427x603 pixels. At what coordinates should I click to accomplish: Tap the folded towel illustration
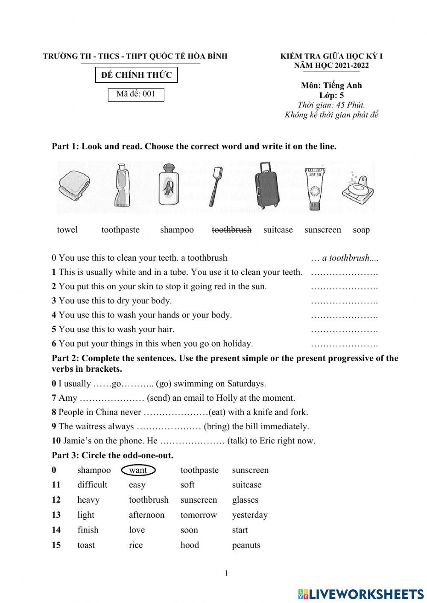[x=74, y=186]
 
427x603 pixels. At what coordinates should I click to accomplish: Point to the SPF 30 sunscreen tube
[x=315, y=188]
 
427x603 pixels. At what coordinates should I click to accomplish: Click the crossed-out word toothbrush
[x=231, y=230]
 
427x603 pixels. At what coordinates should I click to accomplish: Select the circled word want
[x=138, y=470]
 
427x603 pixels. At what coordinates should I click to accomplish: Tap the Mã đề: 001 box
[x=136, y=94]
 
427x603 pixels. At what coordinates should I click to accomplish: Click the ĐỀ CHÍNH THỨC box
[x=136, y=75]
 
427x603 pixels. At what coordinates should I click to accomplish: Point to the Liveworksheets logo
[x=360, y=594]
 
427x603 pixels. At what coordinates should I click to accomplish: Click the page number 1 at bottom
[x=226, y=573]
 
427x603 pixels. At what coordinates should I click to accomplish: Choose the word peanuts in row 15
[x=246, y=545]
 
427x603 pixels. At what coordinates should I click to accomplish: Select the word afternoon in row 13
[x=146, y=515]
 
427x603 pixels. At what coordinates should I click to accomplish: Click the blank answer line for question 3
[x=344, y=301]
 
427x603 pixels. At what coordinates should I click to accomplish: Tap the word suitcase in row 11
[x=246, y=485]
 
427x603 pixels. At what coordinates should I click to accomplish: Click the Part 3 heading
[x=112, y=455]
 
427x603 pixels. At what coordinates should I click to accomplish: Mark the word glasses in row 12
[x=245, y=500]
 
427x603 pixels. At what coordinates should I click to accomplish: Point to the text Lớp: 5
[x=331, y=95]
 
